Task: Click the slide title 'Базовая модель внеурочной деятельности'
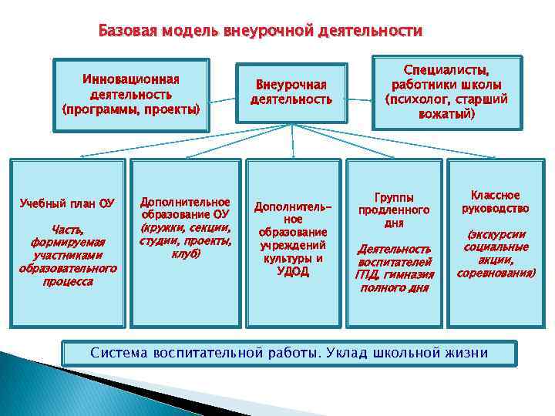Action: click(x=261, y=32)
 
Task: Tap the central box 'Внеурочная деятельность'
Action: click(x=291, y=92)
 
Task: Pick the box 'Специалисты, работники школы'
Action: click(x=446, y=92)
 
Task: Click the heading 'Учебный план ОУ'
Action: click(x=67, y=203)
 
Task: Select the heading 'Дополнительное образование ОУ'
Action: click(x=184, y=208)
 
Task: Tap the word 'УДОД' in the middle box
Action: click(x=292, y=271)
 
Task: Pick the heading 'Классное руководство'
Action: click(x=495, y=202)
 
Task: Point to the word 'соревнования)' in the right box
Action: click(x=495, y=273)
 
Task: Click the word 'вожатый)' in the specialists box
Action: click(x=446, y=113)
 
